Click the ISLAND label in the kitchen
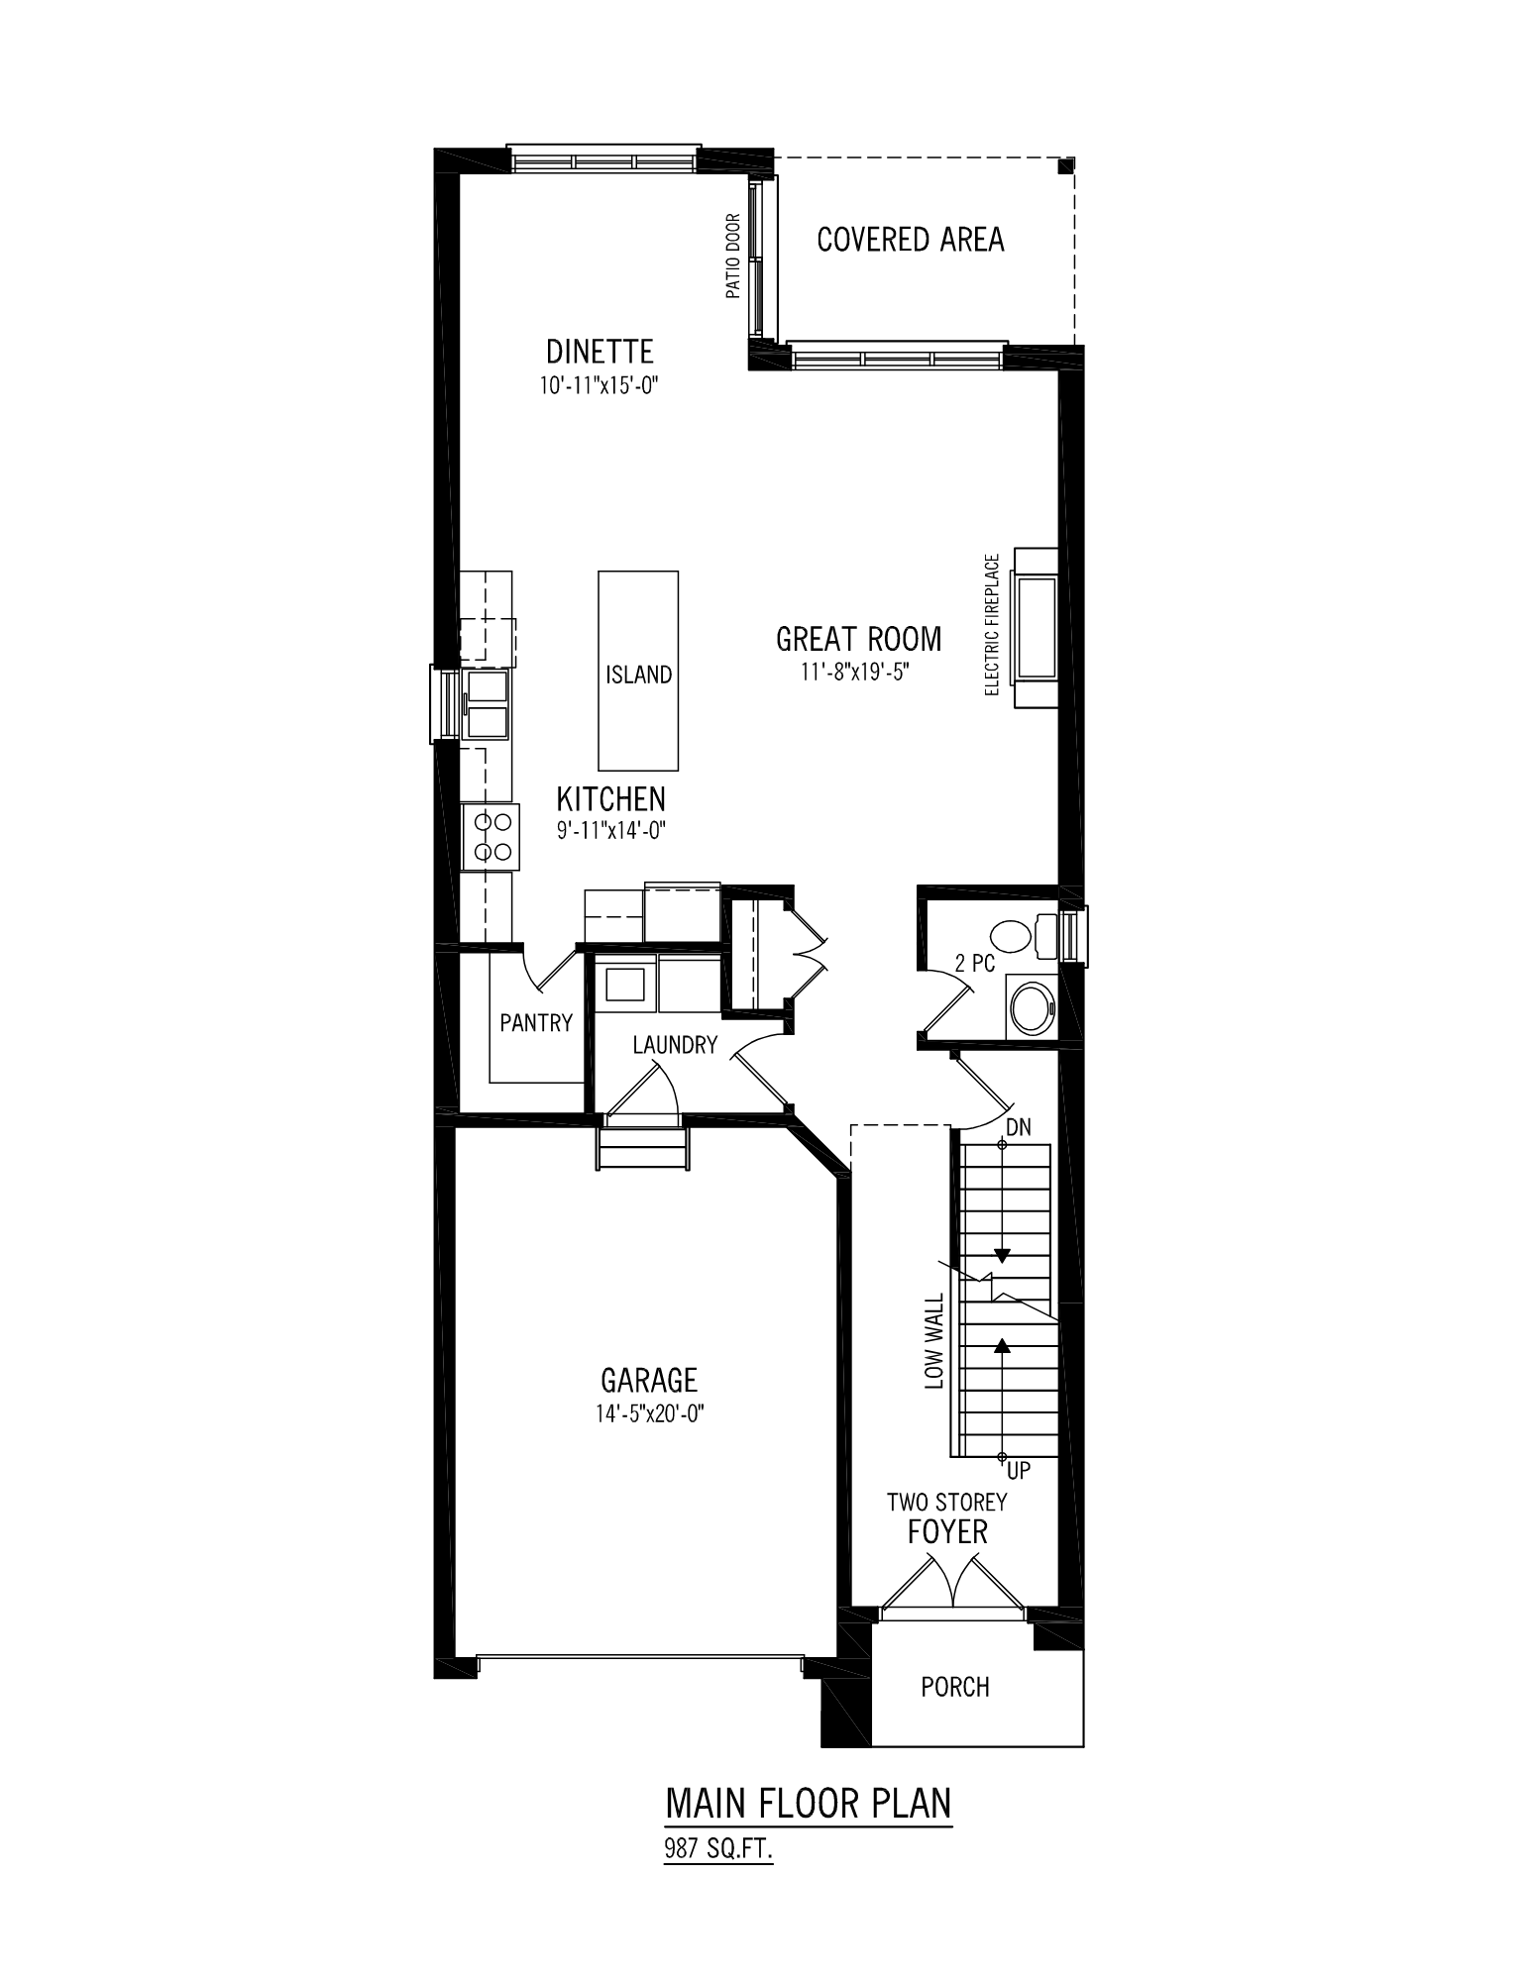point(639,675)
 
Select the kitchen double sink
point(487,703)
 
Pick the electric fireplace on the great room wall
point(1034,627)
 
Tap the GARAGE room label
point(649,1379)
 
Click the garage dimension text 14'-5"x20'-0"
point(650,1413)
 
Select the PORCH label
point(955,1687)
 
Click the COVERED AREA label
point(911,240)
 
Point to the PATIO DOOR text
point(733,257)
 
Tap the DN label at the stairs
point(1018,1127)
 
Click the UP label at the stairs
point(1019,1472)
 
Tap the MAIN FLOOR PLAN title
point(809,1803)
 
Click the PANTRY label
point(536,1022)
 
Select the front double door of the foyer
point(953,1585)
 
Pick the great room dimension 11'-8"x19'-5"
point(856,672)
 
